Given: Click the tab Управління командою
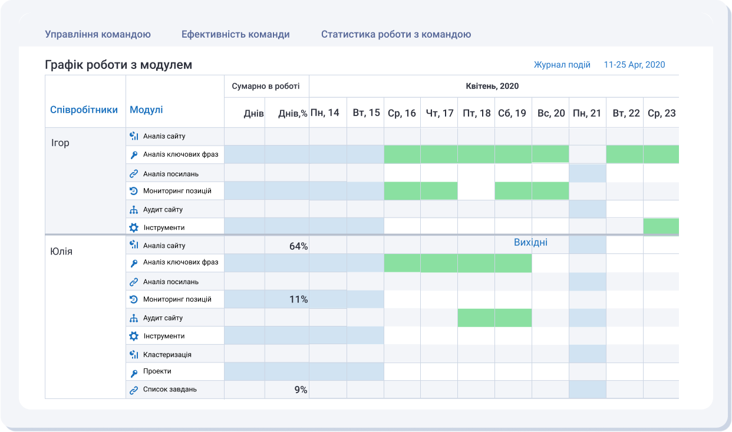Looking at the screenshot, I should point(98,34).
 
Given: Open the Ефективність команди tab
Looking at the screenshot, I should point(235,34).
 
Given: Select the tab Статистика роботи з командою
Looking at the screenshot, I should point(395,34).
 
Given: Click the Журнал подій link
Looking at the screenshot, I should point(562,65).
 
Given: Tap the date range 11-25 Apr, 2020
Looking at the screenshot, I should point(634,65).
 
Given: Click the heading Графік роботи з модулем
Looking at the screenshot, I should point(118,65).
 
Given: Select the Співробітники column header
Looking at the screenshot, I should point(84,110).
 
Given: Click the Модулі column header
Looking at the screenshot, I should point(146,110).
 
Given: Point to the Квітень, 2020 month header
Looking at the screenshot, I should point(492,86).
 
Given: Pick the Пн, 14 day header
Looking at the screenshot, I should point(325,113).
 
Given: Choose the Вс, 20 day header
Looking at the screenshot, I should point(550,113).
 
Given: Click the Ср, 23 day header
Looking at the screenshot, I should point(661,113).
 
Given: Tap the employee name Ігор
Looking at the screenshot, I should point(61,143).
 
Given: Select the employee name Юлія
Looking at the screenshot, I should point(62,252).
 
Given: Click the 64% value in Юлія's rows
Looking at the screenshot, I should point(298,246).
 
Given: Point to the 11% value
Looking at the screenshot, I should point(298,299).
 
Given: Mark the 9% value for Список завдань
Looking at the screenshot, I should point(300,390).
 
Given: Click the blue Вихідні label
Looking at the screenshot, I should point(530,243).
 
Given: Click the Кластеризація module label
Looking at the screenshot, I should point(167,355).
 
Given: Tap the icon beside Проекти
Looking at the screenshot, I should point(134,372).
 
